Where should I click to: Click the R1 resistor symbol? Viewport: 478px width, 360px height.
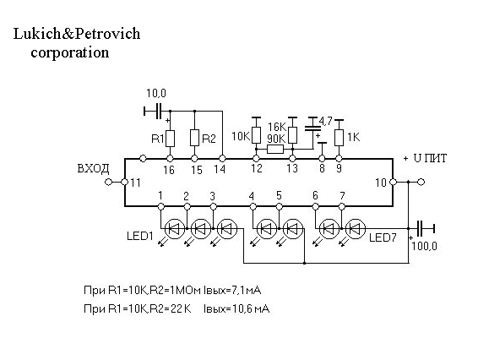(170, 139)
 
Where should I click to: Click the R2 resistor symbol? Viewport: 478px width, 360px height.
(195, 138)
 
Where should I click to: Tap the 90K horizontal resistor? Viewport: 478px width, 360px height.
(275, 150)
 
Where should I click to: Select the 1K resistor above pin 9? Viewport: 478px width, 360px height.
(339, 138)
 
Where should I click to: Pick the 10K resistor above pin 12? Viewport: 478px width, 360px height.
(257, 135)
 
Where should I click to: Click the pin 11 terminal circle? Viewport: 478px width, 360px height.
(124, 183)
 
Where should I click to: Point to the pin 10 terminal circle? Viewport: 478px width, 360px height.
(394, 183)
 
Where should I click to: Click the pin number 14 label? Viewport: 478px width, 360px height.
(220, 169)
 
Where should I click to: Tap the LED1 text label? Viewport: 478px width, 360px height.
(140, 236)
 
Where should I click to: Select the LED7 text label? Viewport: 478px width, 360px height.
(383, 237)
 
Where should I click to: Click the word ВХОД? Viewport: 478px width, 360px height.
(93, 168)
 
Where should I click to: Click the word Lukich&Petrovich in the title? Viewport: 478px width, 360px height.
(77, 34)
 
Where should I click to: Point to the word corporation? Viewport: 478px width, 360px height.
(70, 52)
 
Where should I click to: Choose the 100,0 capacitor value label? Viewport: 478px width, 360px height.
(424, 246)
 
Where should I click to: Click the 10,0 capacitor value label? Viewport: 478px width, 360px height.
(156, 93)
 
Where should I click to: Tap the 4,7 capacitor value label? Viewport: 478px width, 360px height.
(325, 122)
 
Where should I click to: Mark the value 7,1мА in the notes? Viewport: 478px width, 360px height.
(247, 290)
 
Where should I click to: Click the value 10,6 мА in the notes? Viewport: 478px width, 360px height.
(251, 309)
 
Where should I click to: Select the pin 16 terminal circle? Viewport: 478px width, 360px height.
(170, 159)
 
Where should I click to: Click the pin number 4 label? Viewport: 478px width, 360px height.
(251, 195)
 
